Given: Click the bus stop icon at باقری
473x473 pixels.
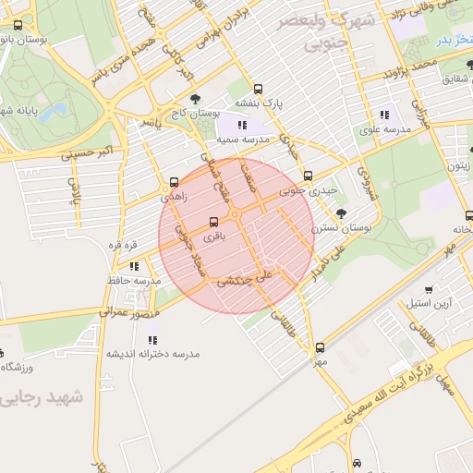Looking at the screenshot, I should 214,222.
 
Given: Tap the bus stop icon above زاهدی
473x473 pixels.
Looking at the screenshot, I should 175,182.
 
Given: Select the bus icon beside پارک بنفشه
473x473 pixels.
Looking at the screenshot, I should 258,90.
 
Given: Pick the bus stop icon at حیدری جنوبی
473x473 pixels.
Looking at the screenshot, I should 308,176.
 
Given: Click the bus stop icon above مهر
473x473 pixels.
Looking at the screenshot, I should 320,347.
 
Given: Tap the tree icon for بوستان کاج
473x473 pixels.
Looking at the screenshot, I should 194,99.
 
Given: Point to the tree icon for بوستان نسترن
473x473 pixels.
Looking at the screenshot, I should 342,212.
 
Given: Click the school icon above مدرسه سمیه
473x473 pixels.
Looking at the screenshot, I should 242,124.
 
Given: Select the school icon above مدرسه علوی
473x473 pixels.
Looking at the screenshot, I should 383,115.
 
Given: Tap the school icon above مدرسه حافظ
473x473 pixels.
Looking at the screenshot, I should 136,266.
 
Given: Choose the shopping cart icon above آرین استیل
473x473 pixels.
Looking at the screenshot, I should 428,288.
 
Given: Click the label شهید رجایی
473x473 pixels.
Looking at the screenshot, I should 43,397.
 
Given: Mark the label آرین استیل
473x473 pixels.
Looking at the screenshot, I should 430,302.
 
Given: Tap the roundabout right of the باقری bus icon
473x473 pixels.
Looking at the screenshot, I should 236,215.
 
